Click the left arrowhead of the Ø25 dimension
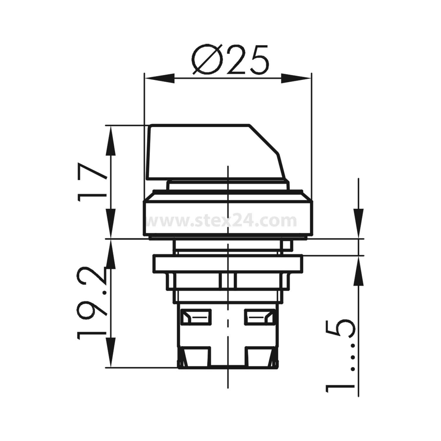159,78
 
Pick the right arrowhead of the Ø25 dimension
295,78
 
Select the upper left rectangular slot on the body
196,317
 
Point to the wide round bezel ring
228,218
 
